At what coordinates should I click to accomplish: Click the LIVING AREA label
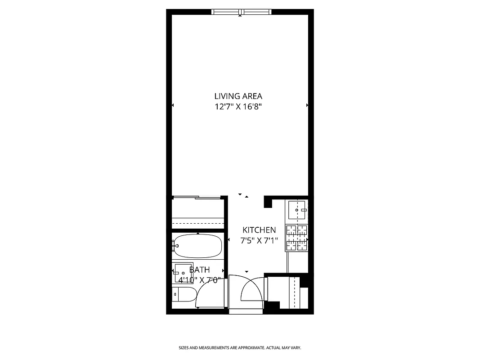tap(238, 96)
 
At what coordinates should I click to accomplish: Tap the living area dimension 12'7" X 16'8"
tap(238, 107)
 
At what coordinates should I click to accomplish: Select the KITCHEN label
tap(259, 230)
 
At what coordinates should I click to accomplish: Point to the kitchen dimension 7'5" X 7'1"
tap(259, 241)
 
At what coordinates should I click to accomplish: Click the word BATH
tap(199, 270)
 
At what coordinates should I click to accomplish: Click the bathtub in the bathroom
tap(198, 245)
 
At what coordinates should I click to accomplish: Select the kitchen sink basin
tap(296, 208)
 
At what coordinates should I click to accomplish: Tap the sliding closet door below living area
tap(197, 197)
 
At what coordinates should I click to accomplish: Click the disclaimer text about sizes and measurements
tap(240, 348)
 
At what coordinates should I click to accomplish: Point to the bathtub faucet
tap(175, 245)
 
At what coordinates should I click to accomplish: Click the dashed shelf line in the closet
tap(198, 223)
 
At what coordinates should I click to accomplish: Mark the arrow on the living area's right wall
tap(307, 105)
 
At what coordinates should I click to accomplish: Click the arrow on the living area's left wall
tap(173, 105)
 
